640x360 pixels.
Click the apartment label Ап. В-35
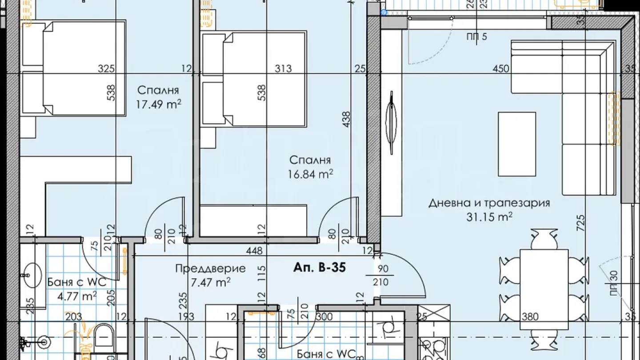(x=320, y=268)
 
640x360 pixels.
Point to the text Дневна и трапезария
(x=489, y=203)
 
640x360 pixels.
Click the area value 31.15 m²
(x=489, y=216)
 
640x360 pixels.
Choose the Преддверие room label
(x=210, y=268)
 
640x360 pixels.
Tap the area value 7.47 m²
(x=210, y=281)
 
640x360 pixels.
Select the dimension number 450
(x=501, y=69)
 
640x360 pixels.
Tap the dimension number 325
(x=107, y=69)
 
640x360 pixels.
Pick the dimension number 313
(x=283, y=68)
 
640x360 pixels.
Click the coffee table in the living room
(x=517, y=144)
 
